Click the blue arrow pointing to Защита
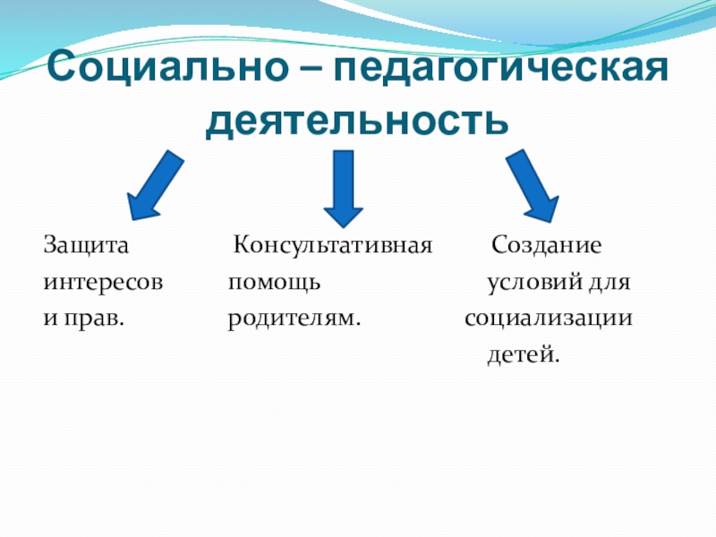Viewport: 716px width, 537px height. tap(157, 185)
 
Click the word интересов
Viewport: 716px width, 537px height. tap(104, 283)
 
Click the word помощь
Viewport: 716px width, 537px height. tap(273, 283)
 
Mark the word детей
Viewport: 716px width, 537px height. tap(524, 356)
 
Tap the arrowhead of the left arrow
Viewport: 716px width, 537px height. tap(141, 204)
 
